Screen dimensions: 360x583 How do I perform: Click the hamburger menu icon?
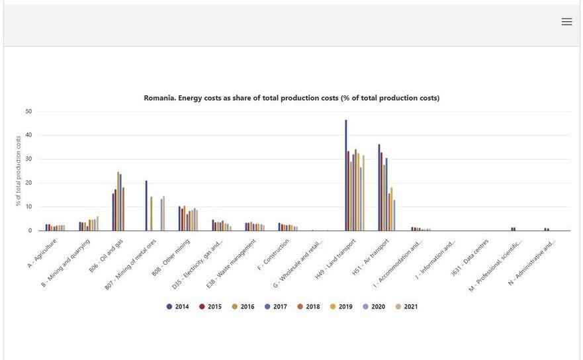click(566, 22)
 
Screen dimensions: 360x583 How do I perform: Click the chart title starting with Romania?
click(292, 98)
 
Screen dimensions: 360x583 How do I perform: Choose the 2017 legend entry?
click(276, 306)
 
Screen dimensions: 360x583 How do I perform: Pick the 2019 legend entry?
click(341, 306)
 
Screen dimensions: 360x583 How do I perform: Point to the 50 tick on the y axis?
click(28, 111)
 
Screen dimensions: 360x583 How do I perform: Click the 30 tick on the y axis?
click(28, 159)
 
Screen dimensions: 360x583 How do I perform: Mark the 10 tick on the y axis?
click(28, 207)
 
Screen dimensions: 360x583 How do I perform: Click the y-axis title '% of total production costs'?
click(18, 171)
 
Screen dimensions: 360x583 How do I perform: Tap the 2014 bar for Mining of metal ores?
click(146, 205)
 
